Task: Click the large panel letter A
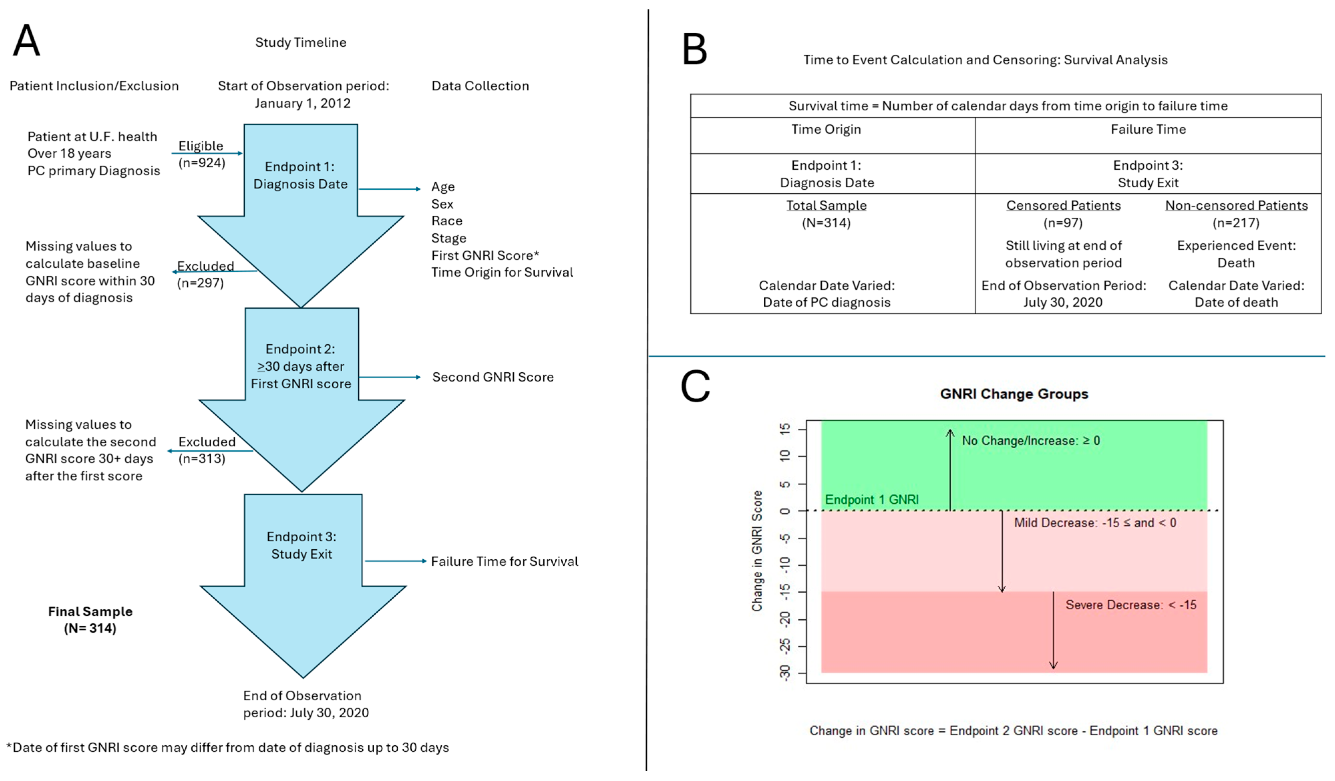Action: pos(26,41)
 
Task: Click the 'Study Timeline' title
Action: pos(301,42)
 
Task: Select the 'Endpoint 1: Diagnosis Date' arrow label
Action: pos(301,175)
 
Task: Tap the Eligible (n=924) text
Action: pos(201,154)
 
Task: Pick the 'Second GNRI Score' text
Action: pos(493,377)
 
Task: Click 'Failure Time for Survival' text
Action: pos(504,562)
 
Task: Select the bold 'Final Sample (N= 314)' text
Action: pos(90,620)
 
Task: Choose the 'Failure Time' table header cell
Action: pos(1148,129)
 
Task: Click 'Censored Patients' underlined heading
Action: pos(1063,206)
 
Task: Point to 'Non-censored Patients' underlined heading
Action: pos(1236,206)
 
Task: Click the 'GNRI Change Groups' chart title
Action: pos(1013,394)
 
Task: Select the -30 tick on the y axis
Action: pos(785,672)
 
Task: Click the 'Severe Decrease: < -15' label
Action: pos(1131,605)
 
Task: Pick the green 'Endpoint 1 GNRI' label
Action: pos(872,500)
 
